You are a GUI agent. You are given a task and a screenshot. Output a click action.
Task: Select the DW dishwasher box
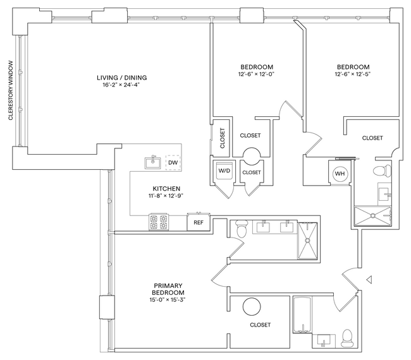click(x=172, y=163)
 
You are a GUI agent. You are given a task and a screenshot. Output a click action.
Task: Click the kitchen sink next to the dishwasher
click(x=152, y=163)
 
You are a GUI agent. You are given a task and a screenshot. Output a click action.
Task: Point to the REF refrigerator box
click(x=198, y=222)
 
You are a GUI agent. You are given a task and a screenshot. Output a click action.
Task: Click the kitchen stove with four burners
click(x=159, y=222)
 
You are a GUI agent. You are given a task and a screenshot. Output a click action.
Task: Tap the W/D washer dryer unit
click(x=224, y=171)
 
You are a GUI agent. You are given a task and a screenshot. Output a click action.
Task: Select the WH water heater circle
click(x=340, y=174)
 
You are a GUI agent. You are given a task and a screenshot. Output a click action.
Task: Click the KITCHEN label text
click(x=167, y=188)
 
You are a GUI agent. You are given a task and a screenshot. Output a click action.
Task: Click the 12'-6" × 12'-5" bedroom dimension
click(x=353, y=74)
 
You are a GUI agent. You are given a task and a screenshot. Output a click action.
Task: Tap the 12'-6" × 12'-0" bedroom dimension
click(x=256, y=74)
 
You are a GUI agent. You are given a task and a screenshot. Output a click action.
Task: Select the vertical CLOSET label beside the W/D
click(x=222, y=138)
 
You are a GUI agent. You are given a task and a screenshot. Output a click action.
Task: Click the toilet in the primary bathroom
click(x=240, y=231)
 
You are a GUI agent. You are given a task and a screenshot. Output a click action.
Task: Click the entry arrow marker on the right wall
click(x=370, y=279)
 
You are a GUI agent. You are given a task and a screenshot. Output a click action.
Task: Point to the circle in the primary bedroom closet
click(x=252, y=308)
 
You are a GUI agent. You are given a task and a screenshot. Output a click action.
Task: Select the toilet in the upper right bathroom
click(x=380, y=171)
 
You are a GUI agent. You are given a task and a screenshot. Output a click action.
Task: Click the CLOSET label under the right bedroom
click(x=372, y=138)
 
